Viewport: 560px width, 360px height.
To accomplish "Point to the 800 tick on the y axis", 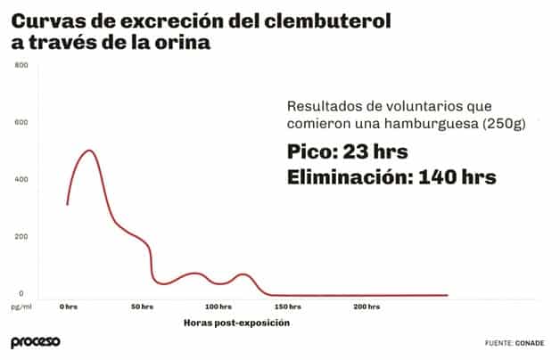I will coord(22,65).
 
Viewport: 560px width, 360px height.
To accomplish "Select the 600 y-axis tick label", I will coord(22,122).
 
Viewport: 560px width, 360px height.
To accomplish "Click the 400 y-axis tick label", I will coord(22,179).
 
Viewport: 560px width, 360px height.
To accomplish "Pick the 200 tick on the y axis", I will coord(22,236).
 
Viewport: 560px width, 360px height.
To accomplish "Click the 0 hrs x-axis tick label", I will coord(69,307).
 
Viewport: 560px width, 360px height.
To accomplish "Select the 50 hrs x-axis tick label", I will coord(142,307).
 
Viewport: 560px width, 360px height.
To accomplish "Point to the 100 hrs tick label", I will coord(218,307).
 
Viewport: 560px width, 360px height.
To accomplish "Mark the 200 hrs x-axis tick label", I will coord(366,307).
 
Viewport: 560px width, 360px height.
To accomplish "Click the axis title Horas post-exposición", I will coord(236,323).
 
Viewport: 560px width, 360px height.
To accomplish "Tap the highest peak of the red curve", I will coord(89,151).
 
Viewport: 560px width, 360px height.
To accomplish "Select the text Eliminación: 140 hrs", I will coord(391,178).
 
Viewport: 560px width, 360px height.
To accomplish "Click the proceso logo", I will coord(35,342).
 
